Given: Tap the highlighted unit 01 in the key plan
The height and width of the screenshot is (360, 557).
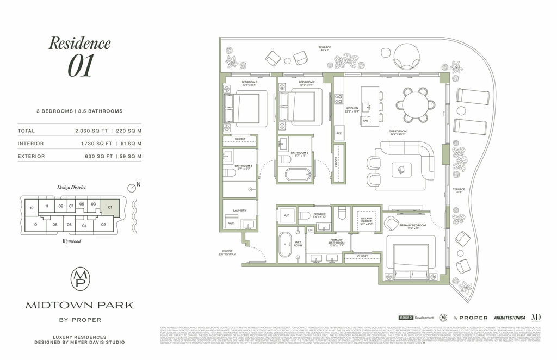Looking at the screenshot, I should (x=109, y=207).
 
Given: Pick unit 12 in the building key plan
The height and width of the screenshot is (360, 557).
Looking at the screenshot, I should (x=32, y=208).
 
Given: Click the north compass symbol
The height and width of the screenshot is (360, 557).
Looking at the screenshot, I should (x=132, y=188).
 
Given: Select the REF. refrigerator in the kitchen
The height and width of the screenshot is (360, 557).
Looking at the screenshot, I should (x=339, y=133).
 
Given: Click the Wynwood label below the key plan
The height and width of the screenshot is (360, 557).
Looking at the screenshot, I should (x=71, y=241).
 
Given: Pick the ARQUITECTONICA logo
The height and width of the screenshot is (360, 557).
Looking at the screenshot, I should (x=509, y=318).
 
